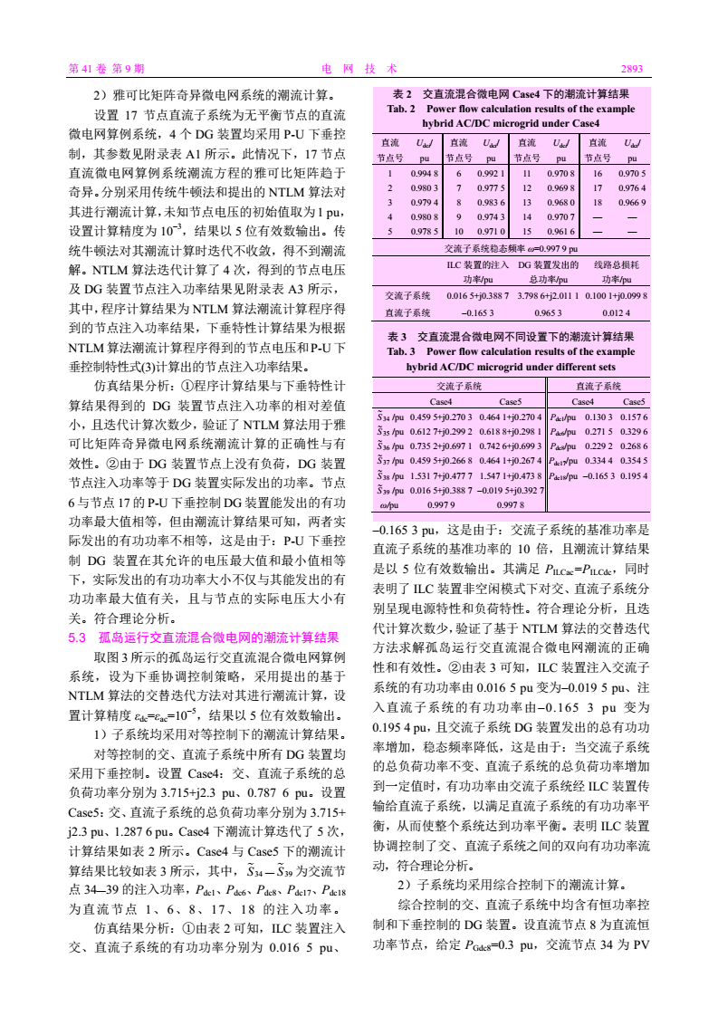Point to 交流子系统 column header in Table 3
(x=459, y=386)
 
